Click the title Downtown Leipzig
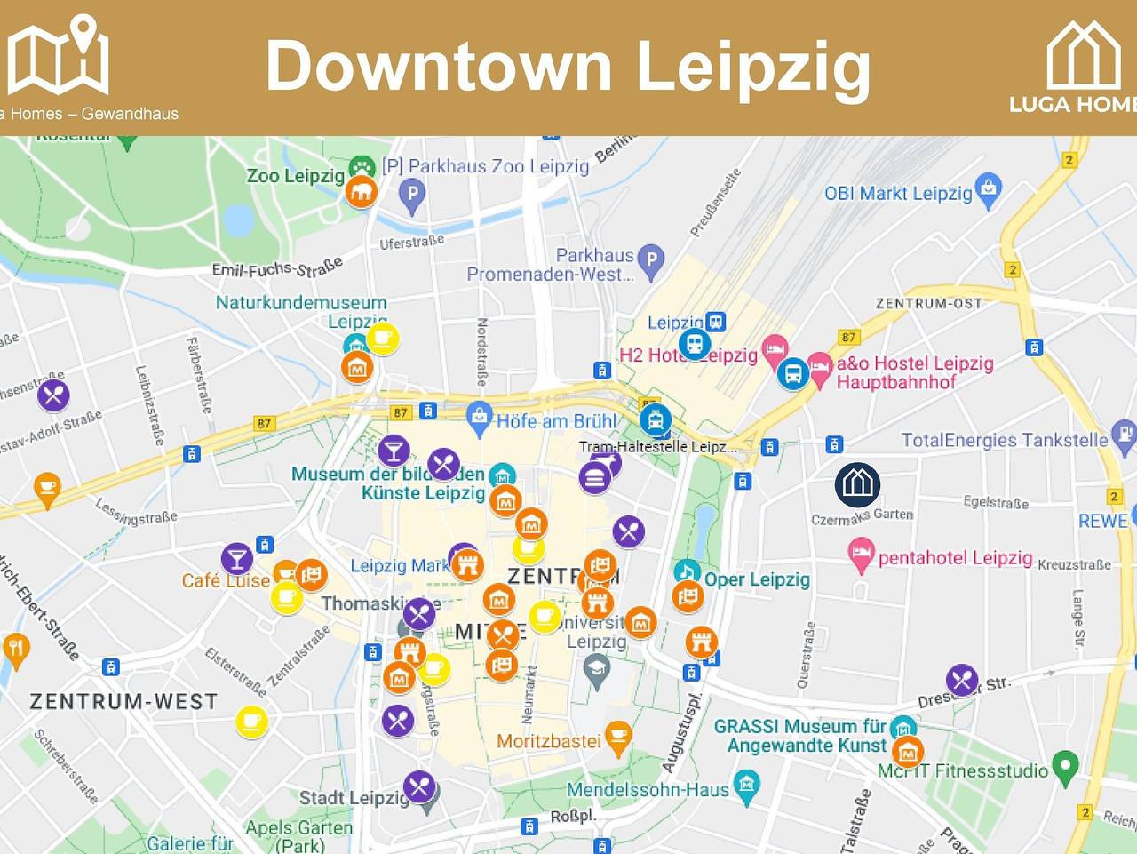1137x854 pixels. (568, 66)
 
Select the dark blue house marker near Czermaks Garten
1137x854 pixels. (857, 484)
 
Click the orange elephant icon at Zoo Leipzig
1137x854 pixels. (361, 191)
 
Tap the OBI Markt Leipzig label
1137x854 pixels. (898, 193)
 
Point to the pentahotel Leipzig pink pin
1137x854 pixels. (860, 556)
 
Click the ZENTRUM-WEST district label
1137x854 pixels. (123, 701)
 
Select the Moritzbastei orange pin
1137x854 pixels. (618, 736)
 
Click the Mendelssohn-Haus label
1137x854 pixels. (648, 789)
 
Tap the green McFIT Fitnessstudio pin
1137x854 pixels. (1065, 765)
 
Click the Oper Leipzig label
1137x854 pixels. (757, 579)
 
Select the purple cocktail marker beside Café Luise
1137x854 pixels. (236, 558)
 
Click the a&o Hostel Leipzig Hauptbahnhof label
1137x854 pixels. (915, 372)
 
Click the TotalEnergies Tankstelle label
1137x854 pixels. (1005, 440)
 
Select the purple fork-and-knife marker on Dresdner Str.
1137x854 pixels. (962, 680)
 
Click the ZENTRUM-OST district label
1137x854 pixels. (929, 303)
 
